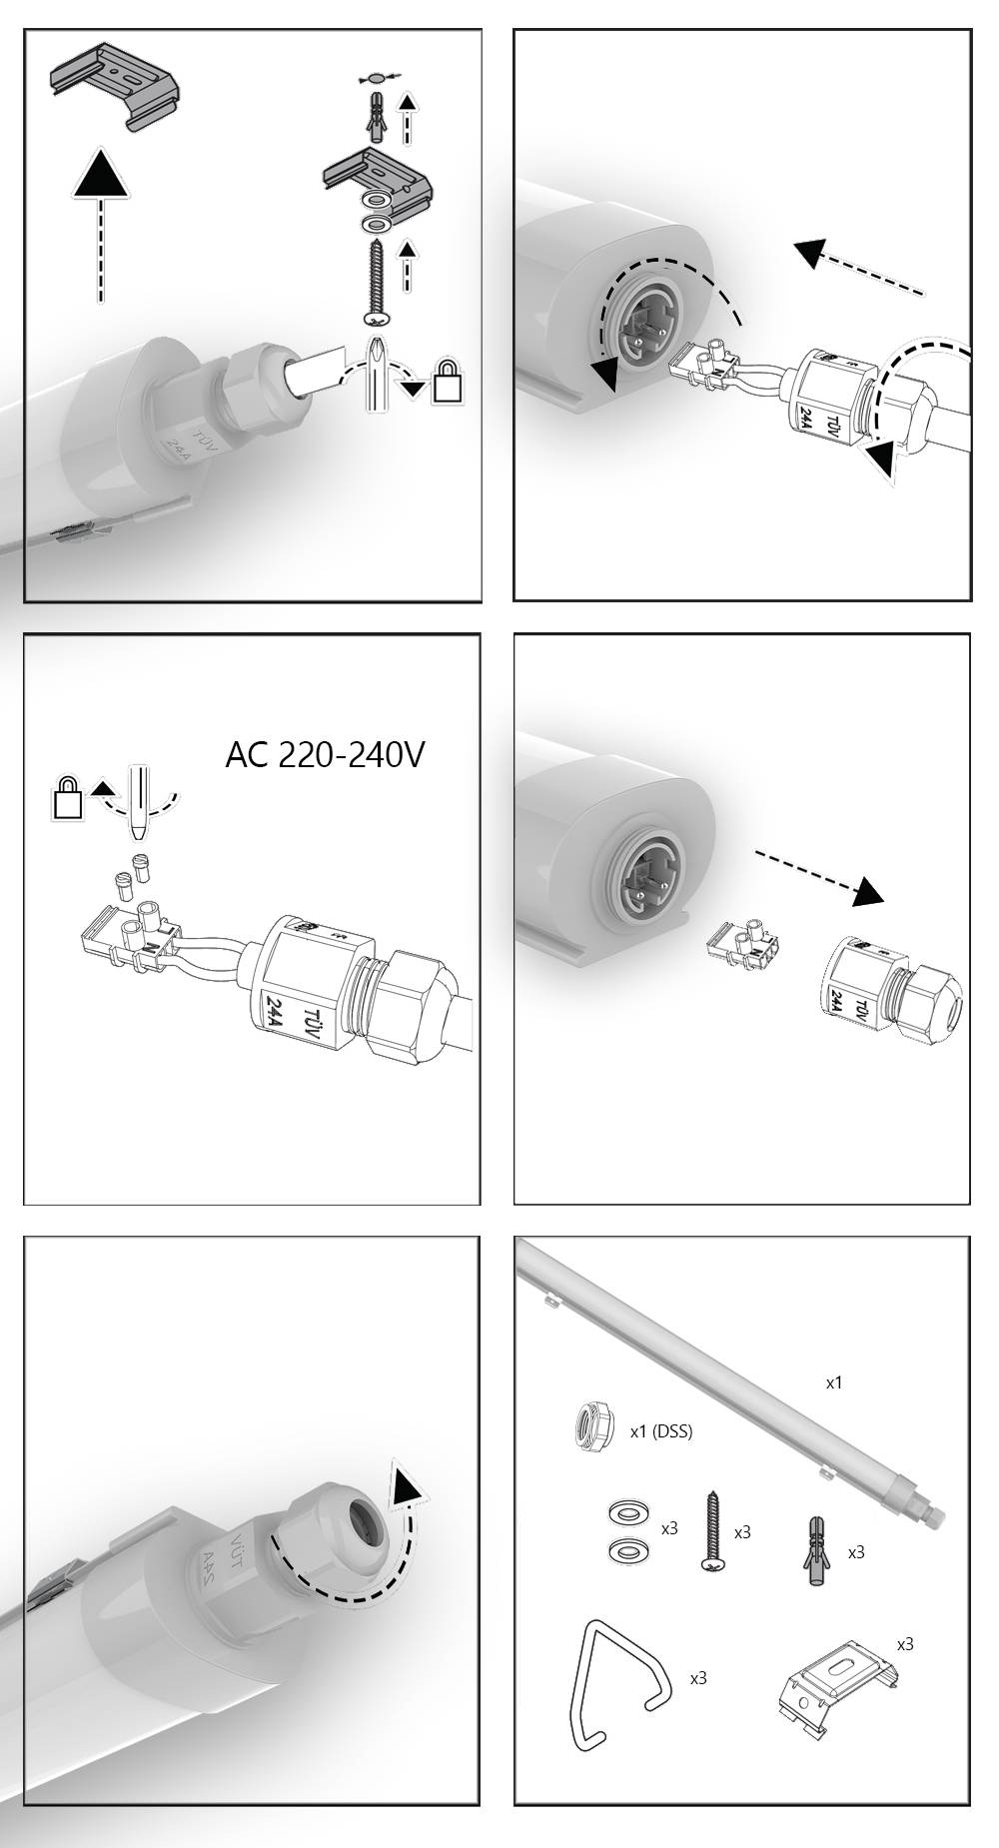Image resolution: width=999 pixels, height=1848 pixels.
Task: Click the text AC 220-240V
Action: pyautogui.click(x=325, y=754)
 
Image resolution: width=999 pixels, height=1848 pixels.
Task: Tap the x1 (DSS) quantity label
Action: pyautogui.click(x=660, y=1431)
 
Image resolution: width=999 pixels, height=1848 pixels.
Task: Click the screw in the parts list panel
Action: pyautogui.click(x=712, y=1533)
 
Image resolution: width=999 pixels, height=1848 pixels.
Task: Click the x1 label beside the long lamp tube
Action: pyautogui.click(x=834, y=1383)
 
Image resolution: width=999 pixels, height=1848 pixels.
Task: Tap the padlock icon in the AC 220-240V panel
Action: pyautogui.click(x=68, y=798)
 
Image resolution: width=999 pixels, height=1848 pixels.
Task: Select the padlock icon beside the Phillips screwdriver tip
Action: pyautogui.click(x=449, y=382)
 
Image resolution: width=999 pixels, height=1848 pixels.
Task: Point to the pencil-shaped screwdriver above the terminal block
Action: pyautogui.click(x=139, y=804)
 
